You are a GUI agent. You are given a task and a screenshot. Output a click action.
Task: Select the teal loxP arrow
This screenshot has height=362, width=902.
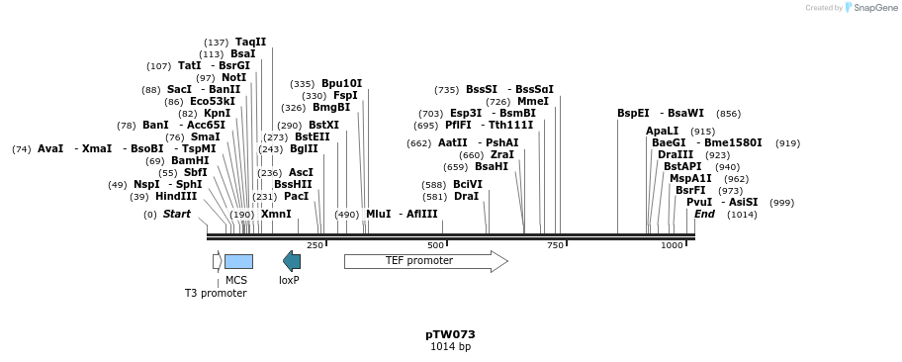point(292,261)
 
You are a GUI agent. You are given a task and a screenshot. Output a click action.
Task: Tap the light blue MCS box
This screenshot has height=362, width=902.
point(238,261)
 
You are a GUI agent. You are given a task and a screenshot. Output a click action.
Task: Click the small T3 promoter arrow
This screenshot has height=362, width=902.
point(217,261)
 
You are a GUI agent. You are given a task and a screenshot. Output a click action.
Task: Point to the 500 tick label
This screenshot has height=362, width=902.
point(435,245)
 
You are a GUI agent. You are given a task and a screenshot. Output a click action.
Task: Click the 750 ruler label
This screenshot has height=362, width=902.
point(555,245)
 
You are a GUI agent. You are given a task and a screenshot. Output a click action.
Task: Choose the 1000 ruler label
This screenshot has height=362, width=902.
point(672,245)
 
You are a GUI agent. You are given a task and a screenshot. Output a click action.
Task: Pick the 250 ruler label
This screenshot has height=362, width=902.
point(315,245)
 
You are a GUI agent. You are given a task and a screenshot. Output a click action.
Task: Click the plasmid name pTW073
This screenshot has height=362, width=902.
point(450,334)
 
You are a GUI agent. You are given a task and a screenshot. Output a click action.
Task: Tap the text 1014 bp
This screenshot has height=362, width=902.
point(450,347)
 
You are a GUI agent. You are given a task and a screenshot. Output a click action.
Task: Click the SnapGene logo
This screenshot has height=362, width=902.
point(868,8)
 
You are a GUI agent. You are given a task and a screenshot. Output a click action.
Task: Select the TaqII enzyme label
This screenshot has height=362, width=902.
point(250,42)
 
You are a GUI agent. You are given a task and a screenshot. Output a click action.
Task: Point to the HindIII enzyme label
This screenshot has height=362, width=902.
point(176,196)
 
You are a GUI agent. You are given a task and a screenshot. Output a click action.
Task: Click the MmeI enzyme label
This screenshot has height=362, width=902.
point(532,101)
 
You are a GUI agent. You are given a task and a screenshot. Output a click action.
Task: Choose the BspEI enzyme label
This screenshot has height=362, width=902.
point(633,113)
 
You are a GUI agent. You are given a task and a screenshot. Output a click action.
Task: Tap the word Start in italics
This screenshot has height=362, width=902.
point(177,214)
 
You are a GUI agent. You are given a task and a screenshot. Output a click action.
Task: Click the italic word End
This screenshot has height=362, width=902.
point(704,214)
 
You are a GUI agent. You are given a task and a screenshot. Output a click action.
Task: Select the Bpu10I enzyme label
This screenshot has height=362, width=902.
point(341,83)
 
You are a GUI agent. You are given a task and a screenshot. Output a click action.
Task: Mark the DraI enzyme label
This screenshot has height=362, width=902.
point(466,196)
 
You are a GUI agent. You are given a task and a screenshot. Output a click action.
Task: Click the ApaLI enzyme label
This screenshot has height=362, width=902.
point(662,131)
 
